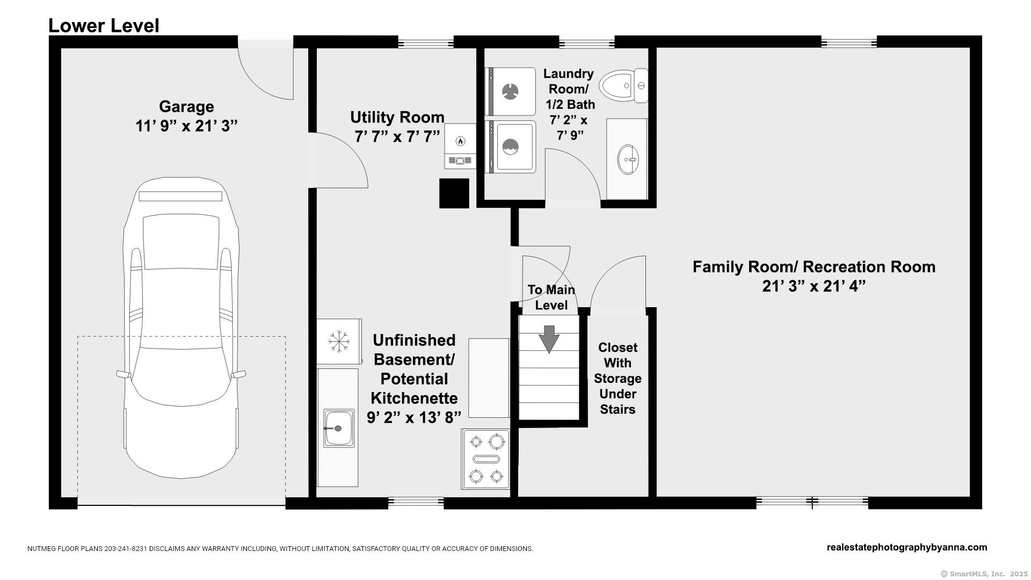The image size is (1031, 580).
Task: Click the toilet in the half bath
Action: (x=623, y=85)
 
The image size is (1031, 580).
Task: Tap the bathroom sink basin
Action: (x=627, y=160)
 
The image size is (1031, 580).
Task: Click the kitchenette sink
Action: (x=339, y=428)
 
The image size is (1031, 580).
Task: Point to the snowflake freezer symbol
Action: (x=339, y=342)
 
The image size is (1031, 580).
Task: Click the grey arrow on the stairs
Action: (x=549, y=339)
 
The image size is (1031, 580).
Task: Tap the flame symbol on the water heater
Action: (x=460, y=141)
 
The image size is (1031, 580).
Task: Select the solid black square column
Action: (x=454, y=193)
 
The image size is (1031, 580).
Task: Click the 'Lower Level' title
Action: (x=104, y=25)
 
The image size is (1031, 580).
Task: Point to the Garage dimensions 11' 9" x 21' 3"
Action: (x=186, y=126)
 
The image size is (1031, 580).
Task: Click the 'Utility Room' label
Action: (x=397, y=117)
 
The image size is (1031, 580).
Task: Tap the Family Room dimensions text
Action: (x=814, y=286)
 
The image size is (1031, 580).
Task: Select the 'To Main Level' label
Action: (x=551, y=297)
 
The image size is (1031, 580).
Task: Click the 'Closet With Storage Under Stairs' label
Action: (x=618, y=378)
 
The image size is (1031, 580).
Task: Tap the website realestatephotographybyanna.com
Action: (x=907, y=547)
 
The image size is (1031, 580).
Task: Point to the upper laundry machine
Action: (x=510, y=91)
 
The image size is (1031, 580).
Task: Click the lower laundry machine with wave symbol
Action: (x=510, y=147)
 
